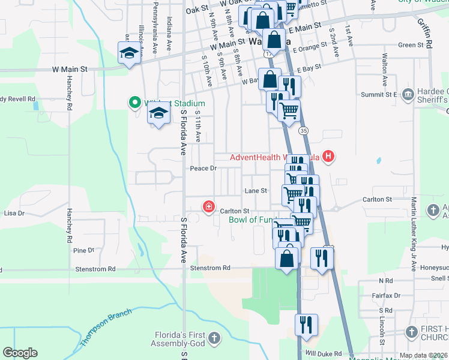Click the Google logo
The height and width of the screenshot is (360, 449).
(x=20, y=353)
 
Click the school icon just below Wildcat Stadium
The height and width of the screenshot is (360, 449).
(x=158, y=113)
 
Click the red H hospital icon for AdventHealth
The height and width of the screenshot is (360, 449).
(x=328, y=157)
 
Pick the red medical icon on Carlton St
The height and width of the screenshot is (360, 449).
(x=208, y=207)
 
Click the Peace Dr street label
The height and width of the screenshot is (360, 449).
(x=203, y=169)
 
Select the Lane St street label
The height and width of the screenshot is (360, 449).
(x=255, y=191)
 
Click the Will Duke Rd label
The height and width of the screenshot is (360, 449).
(x=323, y=354)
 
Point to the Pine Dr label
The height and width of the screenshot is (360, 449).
(x=83, y=250)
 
